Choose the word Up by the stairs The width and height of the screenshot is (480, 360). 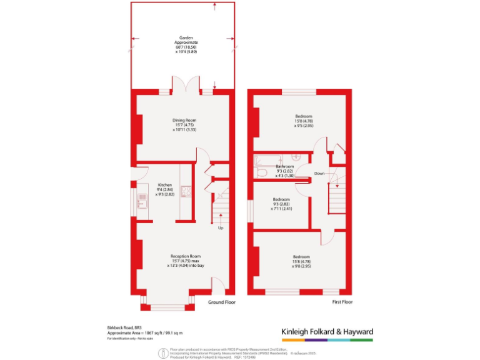[220, 228]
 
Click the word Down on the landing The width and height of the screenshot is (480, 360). [319, 173]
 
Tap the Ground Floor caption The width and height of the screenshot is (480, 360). [222, 302]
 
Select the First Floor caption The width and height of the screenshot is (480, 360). [342, 302]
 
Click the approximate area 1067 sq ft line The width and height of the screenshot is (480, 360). [144, 332]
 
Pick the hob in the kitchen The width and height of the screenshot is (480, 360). [186, 191]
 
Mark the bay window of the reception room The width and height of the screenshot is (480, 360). [167, 306]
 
